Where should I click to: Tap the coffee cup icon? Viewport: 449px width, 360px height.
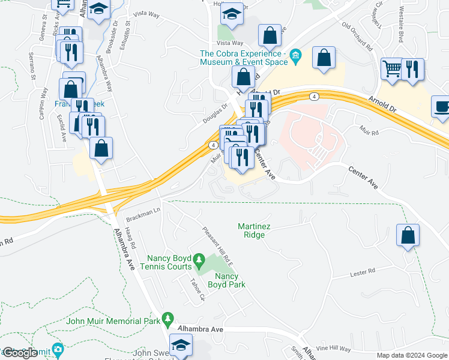(442, 107)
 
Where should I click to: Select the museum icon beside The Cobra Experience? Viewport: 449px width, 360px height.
(295, 58)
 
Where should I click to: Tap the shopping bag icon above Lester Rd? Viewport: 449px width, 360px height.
(408, 236)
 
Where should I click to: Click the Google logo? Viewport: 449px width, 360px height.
(20, 353)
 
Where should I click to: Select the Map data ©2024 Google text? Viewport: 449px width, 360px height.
(412, 355)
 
